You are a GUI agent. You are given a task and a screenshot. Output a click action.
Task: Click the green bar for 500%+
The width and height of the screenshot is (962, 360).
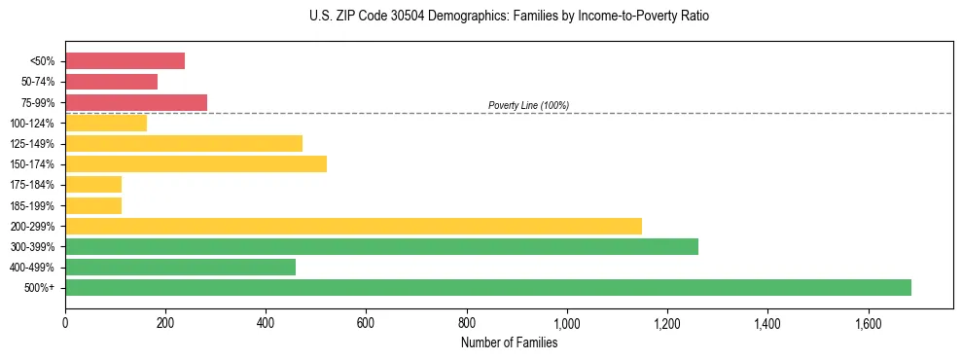click(487, 287)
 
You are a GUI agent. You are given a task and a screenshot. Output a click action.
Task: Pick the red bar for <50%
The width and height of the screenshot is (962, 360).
click(125, 61)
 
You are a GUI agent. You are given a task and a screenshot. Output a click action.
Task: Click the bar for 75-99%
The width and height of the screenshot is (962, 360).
click(136, 102)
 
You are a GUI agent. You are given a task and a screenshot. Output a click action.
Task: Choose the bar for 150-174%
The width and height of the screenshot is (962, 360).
click(196, 163)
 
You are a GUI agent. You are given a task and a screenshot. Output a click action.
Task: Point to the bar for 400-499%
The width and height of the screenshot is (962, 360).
click(180, 267)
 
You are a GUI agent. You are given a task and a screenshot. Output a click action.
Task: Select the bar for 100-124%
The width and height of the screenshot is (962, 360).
click(106, 123)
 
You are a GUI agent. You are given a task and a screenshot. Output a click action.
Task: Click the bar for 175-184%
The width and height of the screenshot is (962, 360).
click(93, 184)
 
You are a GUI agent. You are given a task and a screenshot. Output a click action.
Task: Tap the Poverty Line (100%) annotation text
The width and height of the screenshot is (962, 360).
click(528, 105)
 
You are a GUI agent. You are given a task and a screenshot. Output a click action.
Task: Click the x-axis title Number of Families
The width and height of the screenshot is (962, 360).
click(509, 342)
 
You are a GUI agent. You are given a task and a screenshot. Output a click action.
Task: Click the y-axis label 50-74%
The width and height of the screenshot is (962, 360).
click(38, 82)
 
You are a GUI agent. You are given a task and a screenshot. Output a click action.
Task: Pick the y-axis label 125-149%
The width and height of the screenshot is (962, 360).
click(33, 144)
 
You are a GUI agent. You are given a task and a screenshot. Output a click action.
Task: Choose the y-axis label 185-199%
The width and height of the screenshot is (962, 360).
click(33, 205)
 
